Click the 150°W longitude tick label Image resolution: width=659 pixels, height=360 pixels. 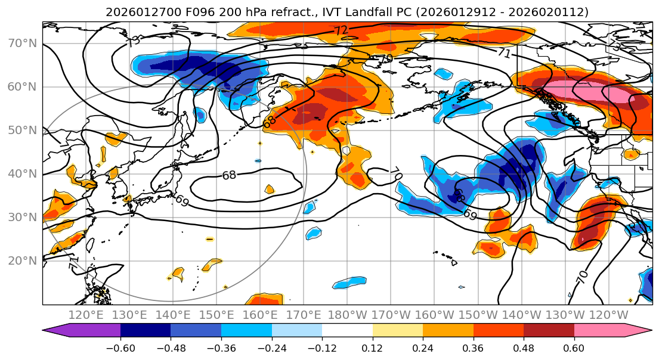point(478,315)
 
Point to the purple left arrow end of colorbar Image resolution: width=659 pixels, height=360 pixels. point(57,331)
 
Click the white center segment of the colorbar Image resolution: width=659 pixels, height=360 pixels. point(347,331)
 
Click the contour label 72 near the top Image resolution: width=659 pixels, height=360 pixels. point(341,30)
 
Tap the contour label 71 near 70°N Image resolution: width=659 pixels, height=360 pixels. point(505,53)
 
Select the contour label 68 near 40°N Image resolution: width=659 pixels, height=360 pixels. point(229,175)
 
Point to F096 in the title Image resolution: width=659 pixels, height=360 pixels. point(177,12)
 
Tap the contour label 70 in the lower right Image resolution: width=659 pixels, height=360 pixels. point(582,276)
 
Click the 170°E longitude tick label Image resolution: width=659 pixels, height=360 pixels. point(304,315)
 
